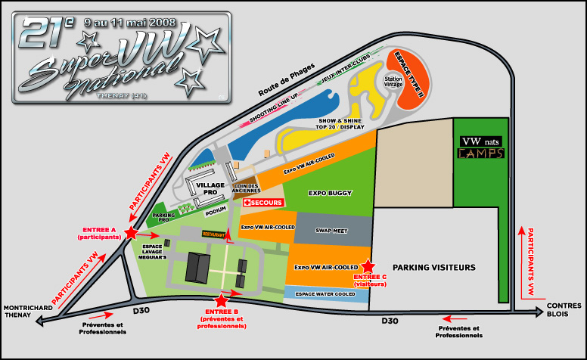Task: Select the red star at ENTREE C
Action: [368, 266]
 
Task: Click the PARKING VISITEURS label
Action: [433, 268]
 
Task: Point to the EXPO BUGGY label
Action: [329, 194]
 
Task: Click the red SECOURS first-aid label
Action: [262, 203]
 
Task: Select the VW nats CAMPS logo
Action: [480, 147]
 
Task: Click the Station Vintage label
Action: [394, 81]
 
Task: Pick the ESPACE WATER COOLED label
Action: [325, 293]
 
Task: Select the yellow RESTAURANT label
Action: [216, 234]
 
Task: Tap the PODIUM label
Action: [216, 209]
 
